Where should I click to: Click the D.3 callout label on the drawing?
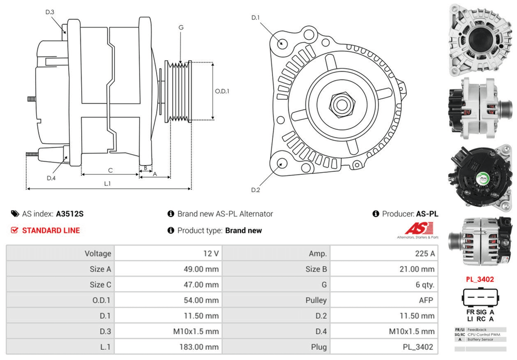click(50, 12)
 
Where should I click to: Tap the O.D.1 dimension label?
click(222, 91)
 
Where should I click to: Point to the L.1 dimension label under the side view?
click(108, 183)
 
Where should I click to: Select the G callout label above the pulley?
click(180, 27)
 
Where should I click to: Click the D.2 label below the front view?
click(255, 190)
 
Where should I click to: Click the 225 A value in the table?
click(425, 253)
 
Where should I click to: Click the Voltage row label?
click(98, 253)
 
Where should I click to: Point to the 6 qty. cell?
click(423, 285)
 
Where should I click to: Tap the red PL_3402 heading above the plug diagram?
click(480, 279)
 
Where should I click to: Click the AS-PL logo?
click(417, 230)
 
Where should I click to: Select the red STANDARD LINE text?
click(51, 230)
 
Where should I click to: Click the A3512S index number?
click(70, 214)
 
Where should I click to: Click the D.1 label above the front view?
click(255, 18)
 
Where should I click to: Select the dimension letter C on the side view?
click(110, 170)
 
